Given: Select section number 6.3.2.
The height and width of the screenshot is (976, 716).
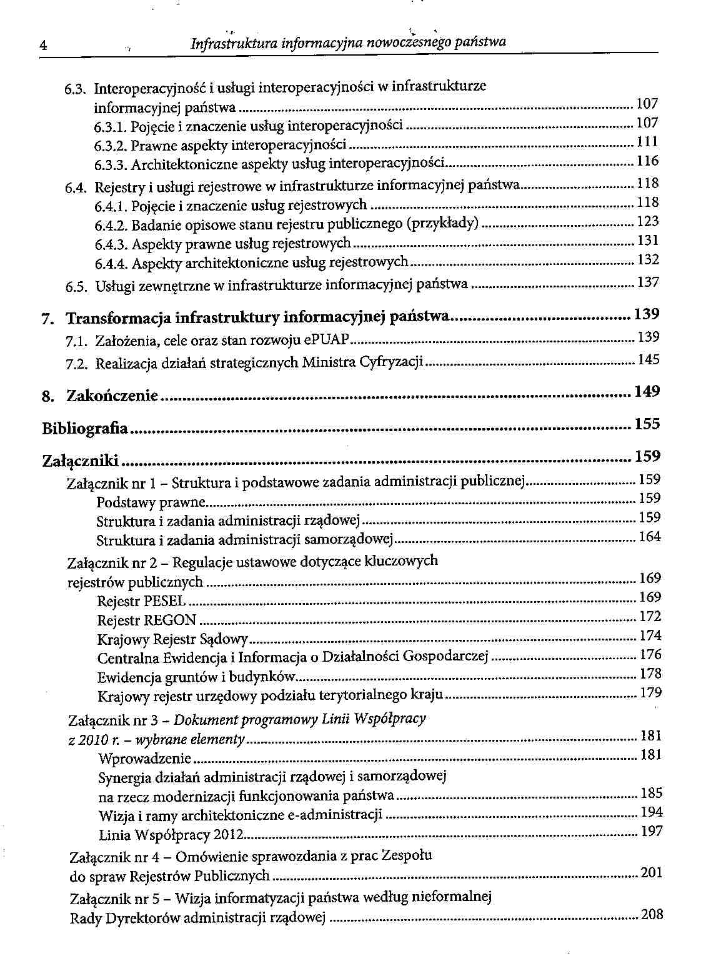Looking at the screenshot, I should (x=111, y=146).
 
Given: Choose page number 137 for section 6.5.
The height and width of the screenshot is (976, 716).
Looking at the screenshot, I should (x=648, y=283).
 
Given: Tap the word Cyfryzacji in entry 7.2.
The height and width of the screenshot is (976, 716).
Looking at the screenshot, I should (x=392, y=362).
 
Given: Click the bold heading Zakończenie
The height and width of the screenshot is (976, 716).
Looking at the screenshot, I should (x=112, y=396).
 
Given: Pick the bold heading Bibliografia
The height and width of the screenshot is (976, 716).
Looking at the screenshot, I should (x=85, y=429).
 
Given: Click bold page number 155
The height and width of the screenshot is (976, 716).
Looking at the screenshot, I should (x=647, y=424).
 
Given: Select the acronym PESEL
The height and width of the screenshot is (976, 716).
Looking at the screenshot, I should (x=164, y=601).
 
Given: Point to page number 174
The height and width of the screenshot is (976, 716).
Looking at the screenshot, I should (x=650, y=636).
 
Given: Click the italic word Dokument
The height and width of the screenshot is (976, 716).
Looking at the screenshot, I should (x=202, y=720).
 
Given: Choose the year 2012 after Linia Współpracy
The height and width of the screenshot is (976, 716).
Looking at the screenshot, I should (x=227, y=835).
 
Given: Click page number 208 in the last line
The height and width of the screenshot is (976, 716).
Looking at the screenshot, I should (x=652, y=915).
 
